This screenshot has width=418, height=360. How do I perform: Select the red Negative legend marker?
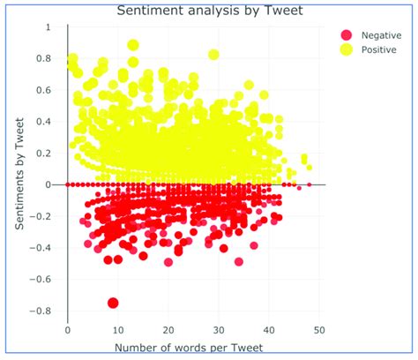pyautogui.click(x=347, y=34)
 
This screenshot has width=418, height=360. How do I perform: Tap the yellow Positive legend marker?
pyautogui.click(x=347, y=50)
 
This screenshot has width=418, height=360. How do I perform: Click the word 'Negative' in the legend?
pyautogui.click(x=378, y=34)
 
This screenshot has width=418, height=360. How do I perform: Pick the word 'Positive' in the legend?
pyautogui.click(x=377, y=50)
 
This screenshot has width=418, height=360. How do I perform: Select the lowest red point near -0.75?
pyautogui.click(x=113, y=303)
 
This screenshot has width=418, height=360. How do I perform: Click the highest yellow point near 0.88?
pyautogui.click(x=133, y=45)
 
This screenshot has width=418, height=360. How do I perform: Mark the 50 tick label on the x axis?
pyautogui.click(x=319, y=329)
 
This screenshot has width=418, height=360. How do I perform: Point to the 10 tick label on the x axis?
pyautogui.click(x=118, y=329)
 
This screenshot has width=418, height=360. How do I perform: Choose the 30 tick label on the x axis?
pyautogui.click(x=219, y=329)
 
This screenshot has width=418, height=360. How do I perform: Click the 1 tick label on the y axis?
pyautogui.click(x=48, y=27)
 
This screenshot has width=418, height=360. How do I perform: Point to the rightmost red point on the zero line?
pyautogui.click(x=309, y=184)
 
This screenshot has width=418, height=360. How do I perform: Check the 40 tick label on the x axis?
pyautogui.click(x=269, y=329)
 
